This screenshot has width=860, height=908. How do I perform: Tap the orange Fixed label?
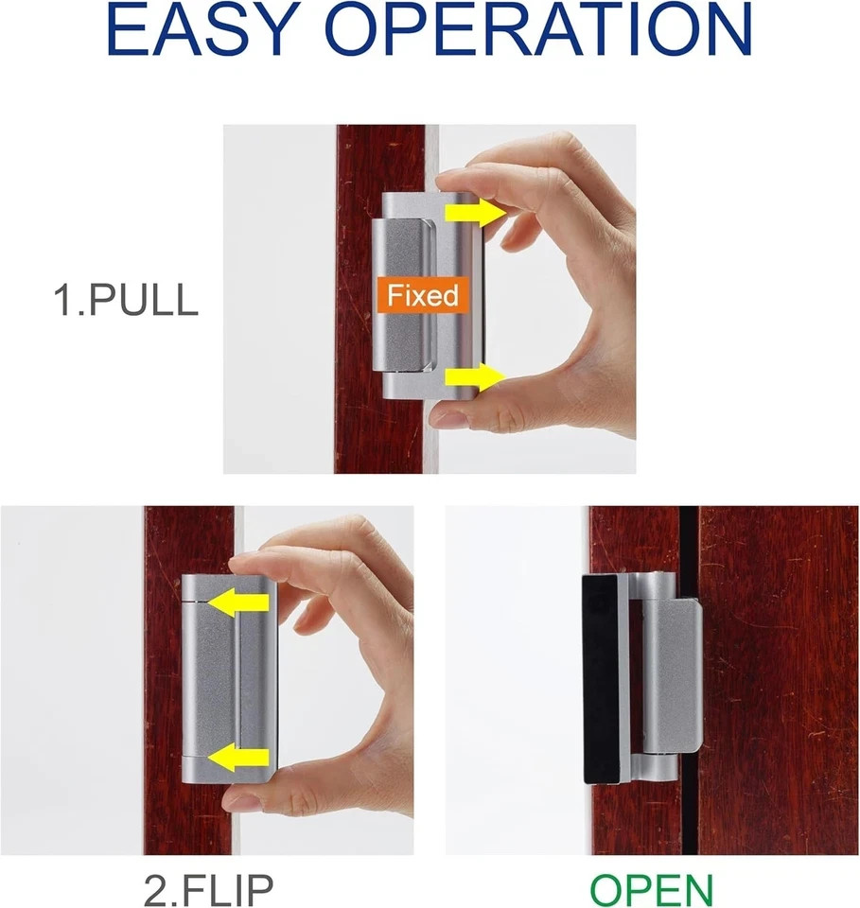pos(421,295)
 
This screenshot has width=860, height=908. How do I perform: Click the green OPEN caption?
pos(652,889)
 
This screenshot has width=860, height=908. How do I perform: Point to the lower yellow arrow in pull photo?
pos(474,377)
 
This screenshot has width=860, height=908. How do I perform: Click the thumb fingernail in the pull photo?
pos(451,416)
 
